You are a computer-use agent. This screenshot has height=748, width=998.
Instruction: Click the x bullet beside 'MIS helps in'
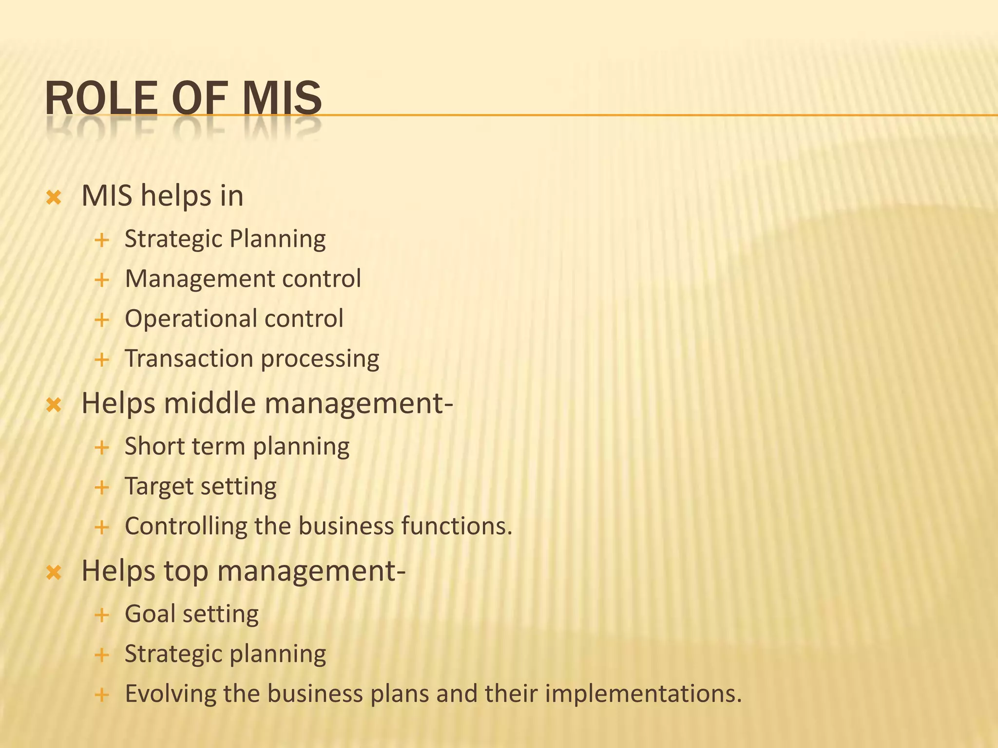pos(54,198)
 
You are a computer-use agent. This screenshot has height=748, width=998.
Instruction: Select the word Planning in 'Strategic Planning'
pos(277,240)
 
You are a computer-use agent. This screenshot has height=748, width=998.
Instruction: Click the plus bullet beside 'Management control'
pos(102,280)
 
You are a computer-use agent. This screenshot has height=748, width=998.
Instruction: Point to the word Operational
pos(191,319)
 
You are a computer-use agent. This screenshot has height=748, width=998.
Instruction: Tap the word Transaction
pos(189,359)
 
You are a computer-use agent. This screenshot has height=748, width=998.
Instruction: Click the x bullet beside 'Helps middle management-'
pos(54,405)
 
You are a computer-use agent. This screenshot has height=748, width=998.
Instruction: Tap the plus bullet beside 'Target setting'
pos(102,487)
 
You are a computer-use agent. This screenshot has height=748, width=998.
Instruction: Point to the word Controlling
pos(186,526)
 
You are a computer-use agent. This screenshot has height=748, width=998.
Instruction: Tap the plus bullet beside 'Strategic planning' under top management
pos(102,655)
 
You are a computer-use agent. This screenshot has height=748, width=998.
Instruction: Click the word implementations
pos(643,694)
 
